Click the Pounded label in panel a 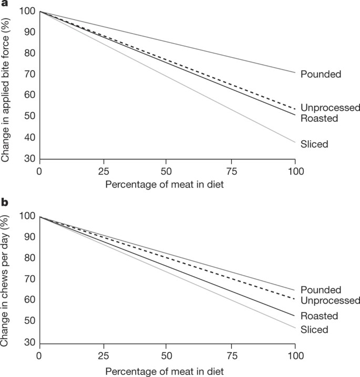pyautogui.click(x=321, y=74)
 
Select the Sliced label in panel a pyautogui.click(x=314, y=144)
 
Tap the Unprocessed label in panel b pyautogui.click(x=331, y=300)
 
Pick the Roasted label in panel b pyautogui.click(x=320, y=316)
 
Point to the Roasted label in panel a pyautogui.click(x=320, y=118)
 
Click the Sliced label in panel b pyautogui.click(x=314, y=329)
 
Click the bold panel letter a pyautogui.click(x=5, y=3)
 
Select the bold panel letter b pyautogui.click(x=5, y=202)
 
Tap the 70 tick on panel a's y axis pyautogui.click(x=30, y=74)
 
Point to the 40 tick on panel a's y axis pyautogui.click(x=30, y=138)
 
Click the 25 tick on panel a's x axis pyautogui.click(x=104, y=171)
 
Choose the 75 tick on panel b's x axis pyautogui.click(x=231, y=356)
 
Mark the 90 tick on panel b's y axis pyautogui.click(x=30, y=237)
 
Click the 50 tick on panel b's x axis pyautogui.click(x=166, y=356)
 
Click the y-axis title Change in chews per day pyautogui.click(x=5, y=280)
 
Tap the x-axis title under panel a pyautogui.click(x=164, y=185)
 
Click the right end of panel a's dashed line pyautogui.click(x=295, y=109)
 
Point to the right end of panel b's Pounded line pyautogui.click(x=295, y=290)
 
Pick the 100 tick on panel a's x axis pyautogui.click(x=296, y=171)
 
